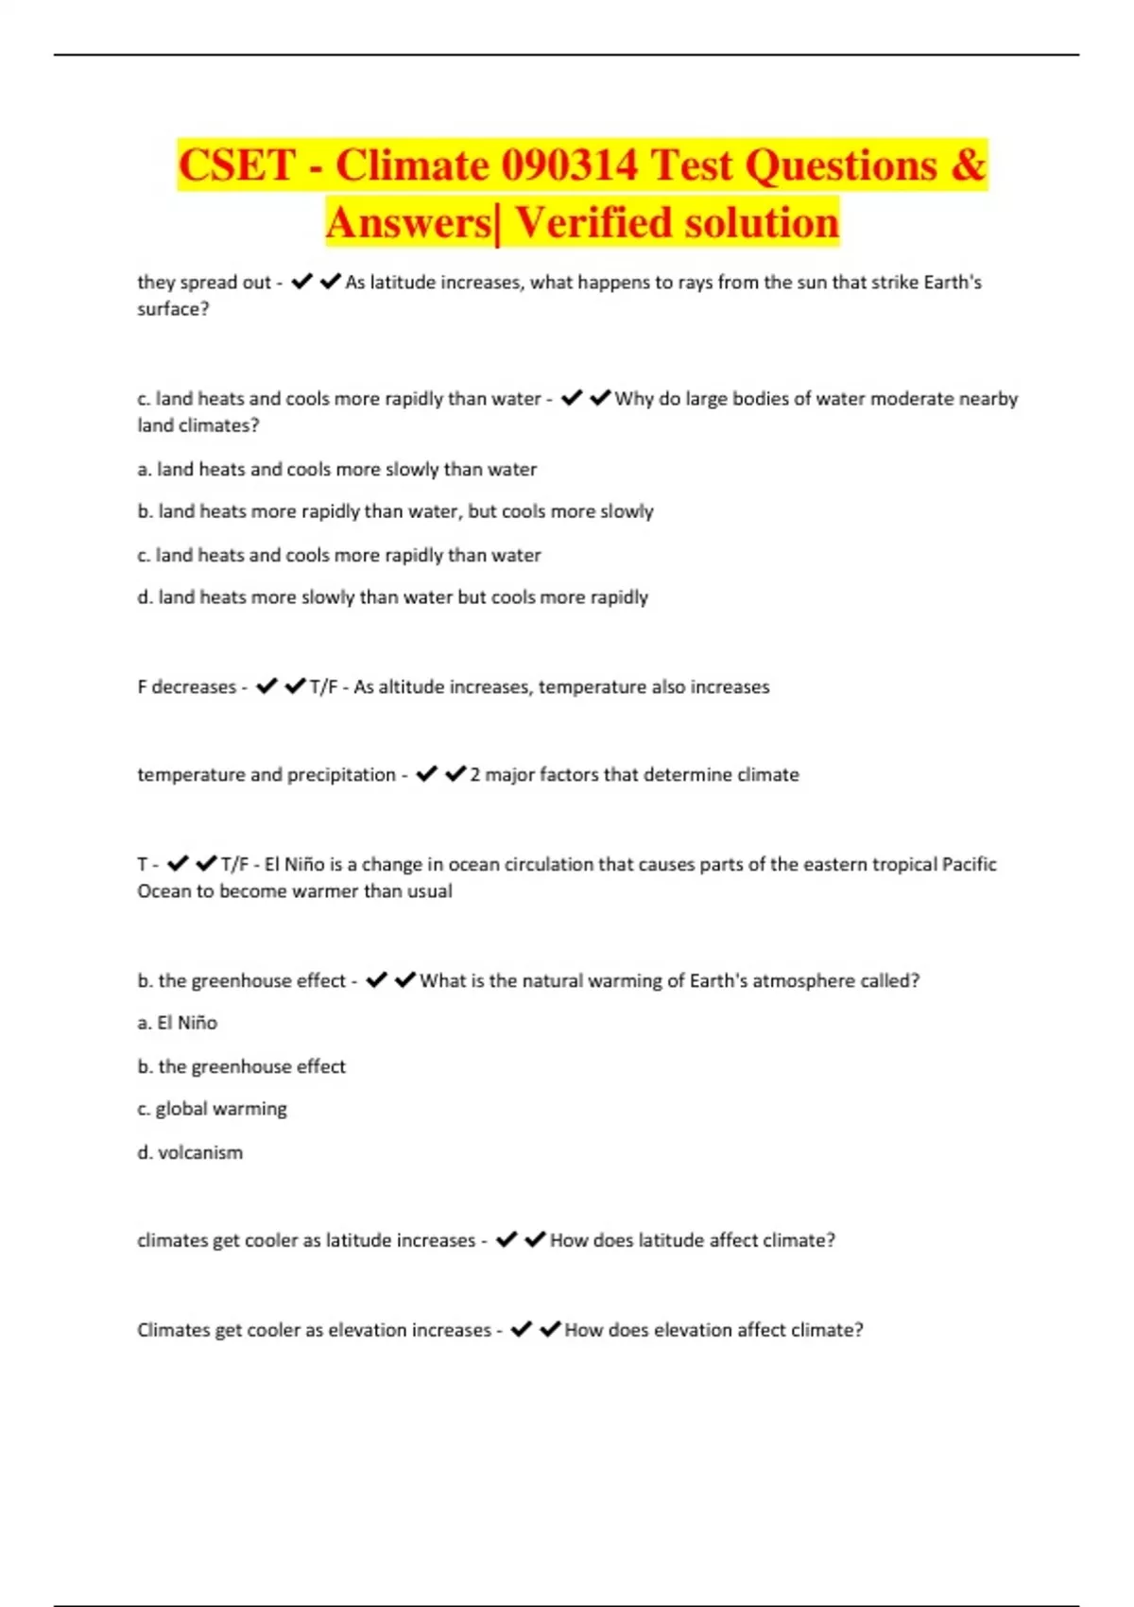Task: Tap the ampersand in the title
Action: [x=968, y=165]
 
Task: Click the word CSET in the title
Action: [x=237, y=165]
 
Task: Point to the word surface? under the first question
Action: [x=173, y=309]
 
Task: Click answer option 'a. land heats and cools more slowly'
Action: [x=336, y=469]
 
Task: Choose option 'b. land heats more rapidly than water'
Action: [x=395, y=511]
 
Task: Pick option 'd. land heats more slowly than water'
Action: [x=392, y=597]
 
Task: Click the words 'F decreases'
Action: [x=186, y=687]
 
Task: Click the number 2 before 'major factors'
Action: [x=475, y=775]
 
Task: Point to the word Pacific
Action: [x=969, y=864]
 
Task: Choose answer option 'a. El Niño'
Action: [x=178, y=1023]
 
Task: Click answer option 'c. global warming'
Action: [x=212, y=1109]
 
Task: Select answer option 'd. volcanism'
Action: [x=190, y=1152]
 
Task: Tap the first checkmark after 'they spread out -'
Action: [x=301, y=282]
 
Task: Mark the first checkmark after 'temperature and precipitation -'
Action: [x=426, y=774]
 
